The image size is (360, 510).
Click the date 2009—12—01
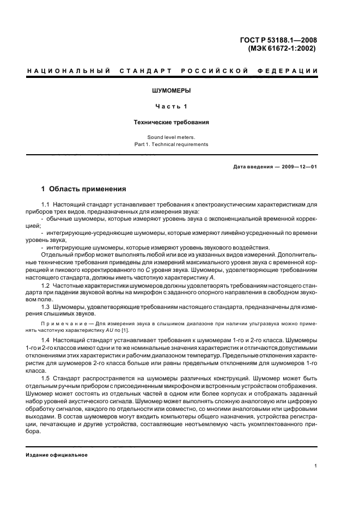[x=297, y=166]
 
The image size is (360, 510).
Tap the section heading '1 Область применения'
[x=84, y=189]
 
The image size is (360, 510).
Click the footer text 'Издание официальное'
[x=57, y=455]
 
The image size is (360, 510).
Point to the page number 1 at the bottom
[x=316, y=466]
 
